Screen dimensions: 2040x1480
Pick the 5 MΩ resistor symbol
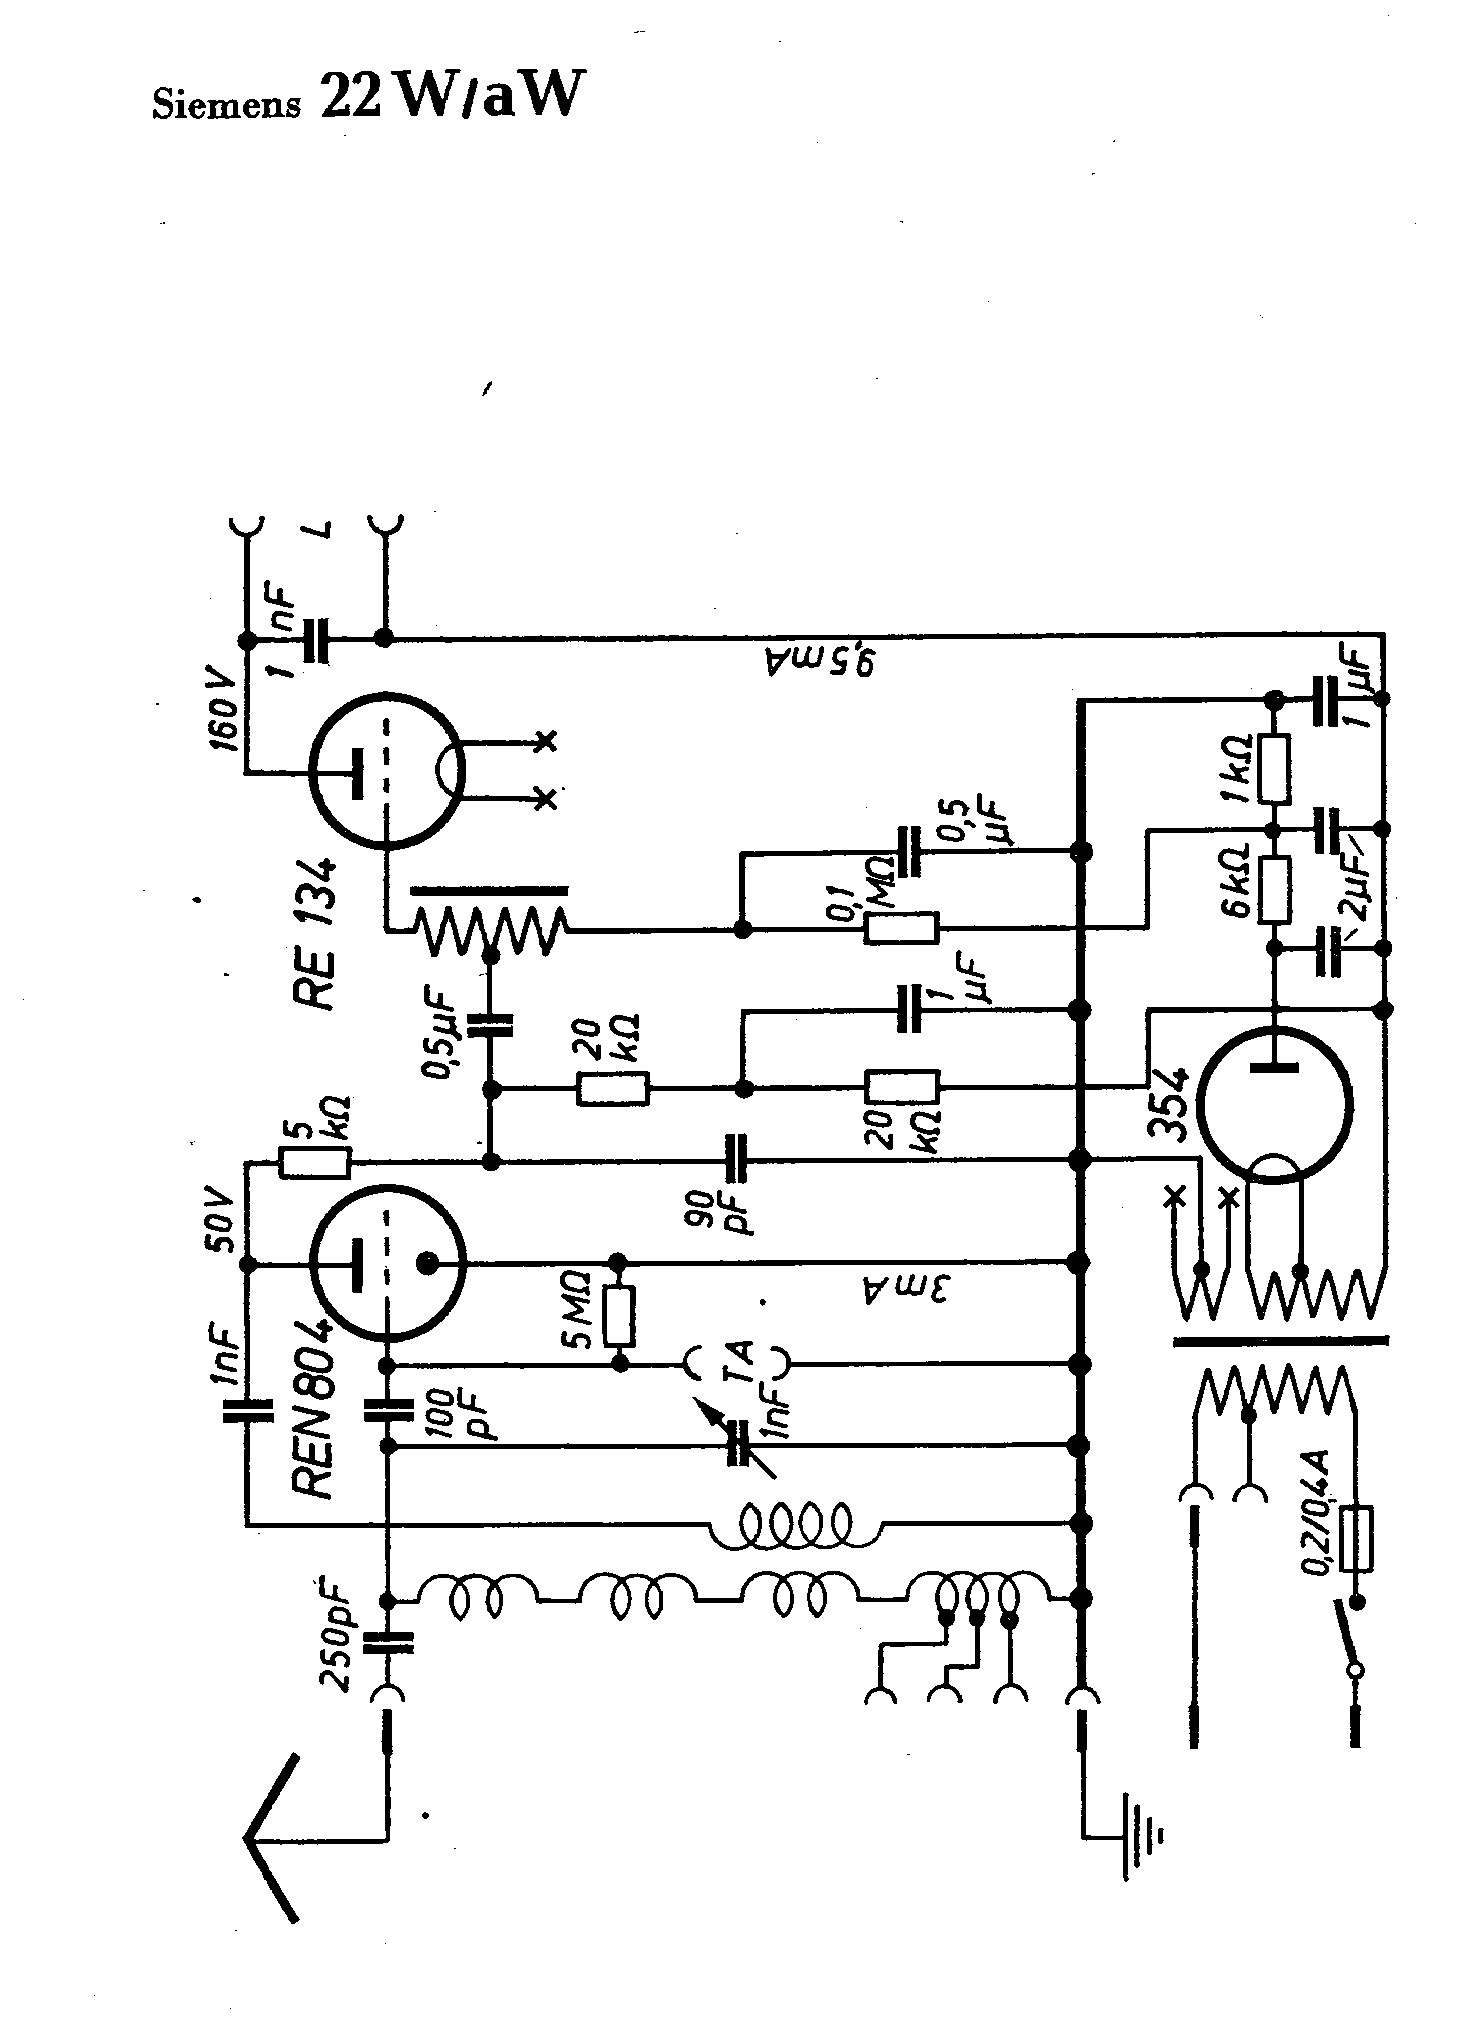coord(620,1316)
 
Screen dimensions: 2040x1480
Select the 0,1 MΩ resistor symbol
coord(901,929)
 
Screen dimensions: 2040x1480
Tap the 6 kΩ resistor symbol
coord(1274,888)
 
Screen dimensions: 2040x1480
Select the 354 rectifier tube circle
coord(1274,1111)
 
